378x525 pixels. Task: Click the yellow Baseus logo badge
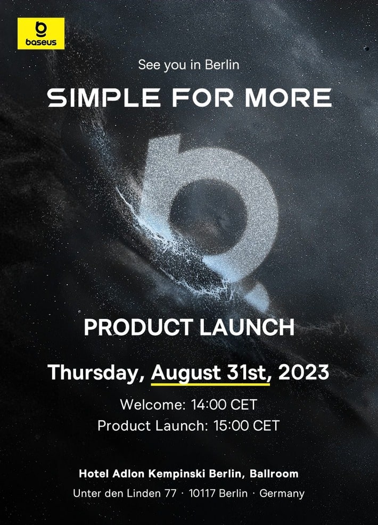click(41, 34)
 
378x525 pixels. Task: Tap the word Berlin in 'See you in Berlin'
click(222, 64)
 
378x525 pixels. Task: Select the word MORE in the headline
click(288, 98)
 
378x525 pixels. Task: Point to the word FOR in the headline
click(203, 98)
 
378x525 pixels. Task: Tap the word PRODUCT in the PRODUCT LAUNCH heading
click(138, 327)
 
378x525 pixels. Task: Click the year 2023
click(303, 372)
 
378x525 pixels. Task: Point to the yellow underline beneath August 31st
click(210, 384)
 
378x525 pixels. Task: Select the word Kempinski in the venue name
click(176, 474)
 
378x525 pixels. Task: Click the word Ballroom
click(274, 473)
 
